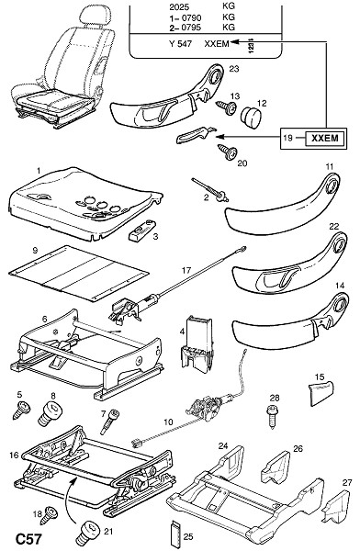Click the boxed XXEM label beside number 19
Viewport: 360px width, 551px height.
pos(324,138)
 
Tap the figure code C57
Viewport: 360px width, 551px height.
pos(29,539)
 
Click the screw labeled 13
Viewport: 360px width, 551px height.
pos(227,107)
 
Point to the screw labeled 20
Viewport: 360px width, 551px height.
pos(228,152)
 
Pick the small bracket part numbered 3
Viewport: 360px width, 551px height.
pos(142,231)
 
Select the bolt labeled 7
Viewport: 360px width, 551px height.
pos(111,421)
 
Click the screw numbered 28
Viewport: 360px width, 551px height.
pos(272,416)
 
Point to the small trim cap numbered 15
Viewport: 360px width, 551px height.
pos(321,392)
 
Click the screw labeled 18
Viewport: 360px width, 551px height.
pos(48,515)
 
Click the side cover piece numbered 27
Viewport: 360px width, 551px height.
pos(337,506)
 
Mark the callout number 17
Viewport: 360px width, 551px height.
pos(186,271)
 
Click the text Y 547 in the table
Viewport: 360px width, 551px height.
pos(180,44)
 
